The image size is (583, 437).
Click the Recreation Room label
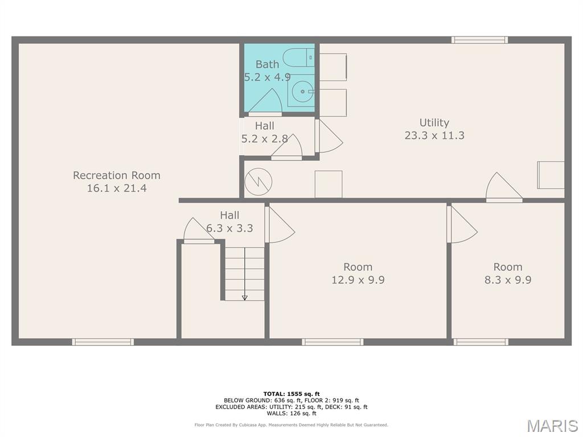click(116, 175)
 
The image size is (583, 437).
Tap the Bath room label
click(267, 64)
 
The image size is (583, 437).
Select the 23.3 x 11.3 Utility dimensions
click(434, 135)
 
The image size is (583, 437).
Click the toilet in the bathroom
click(298, 57)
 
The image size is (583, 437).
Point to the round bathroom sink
click(302, 91)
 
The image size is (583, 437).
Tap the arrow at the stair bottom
click(245, 297)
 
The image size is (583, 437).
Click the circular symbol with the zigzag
click(258, 182)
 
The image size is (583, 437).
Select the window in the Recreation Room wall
click(103, 342)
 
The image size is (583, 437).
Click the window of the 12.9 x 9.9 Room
click(332, 342)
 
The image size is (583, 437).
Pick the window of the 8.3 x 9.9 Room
click(481, 342)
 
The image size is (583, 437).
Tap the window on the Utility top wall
click(479, 40)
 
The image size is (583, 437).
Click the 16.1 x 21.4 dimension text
click(117, 188)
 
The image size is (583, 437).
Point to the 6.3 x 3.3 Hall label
click(229, 221)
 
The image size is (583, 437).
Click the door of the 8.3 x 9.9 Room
click(462, 224)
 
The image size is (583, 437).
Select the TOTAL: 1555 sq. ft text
click(291, 394)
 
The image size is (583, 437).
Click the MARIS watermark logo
click(552, 426)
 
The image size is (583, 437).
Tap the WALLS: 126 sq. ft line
click(291, 413)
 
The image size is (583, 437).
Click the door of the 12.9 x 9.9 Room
click(280, 224)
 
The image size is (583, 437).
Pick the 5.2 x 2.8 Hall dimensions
click(265, 139)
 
